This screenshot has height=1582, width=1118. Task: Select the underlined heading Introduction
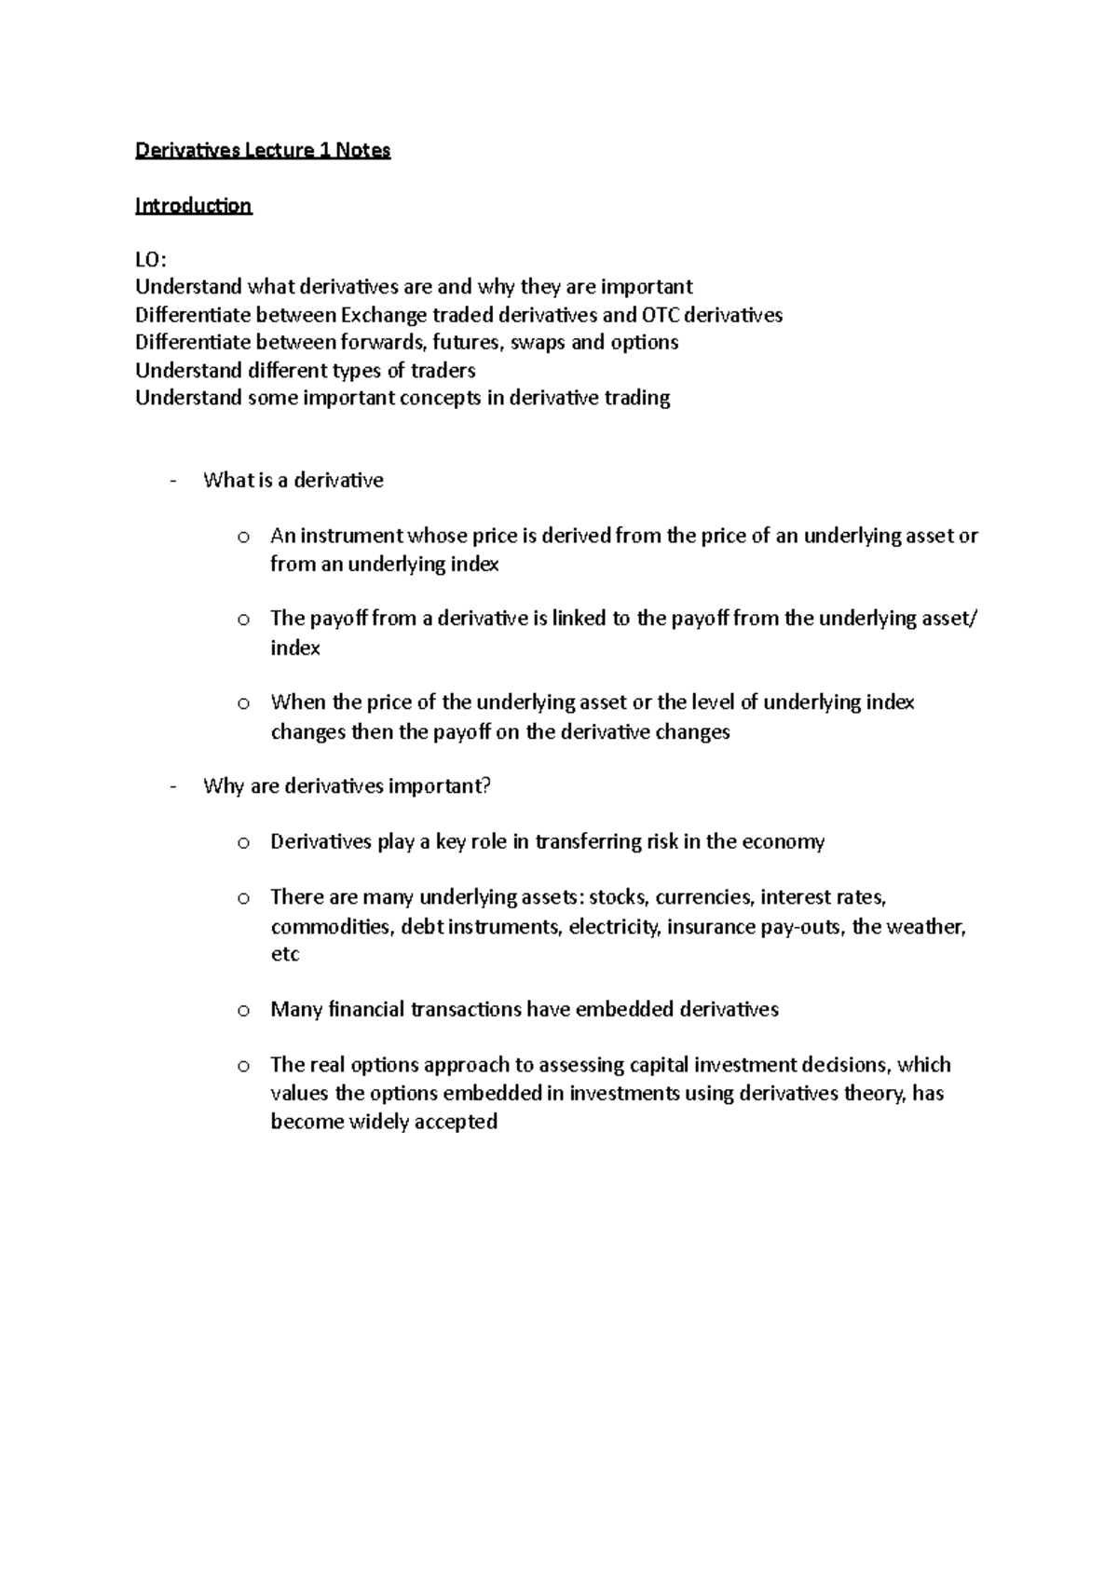pyautogui.click(x=193, y=206)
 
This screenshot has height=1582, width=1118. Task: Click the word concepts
pyautogui.click(x=443, y=398)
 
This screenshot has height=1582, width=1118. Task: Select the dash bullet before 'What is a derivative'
pyautogui.click(x=173, y=481)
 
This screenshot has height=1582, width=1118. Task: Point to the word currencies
pyautogui.click(x=703, y=897)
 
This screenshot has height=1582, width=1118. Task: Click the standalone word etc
pyautogui.click(x=284, y=954)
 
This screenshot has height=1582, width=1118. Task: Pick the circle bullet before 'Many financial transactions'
pyautogui.click(x=242, y=1010)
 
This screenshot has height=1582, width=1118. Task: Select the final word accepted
pyautogui.click(x=456, y=1121)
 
